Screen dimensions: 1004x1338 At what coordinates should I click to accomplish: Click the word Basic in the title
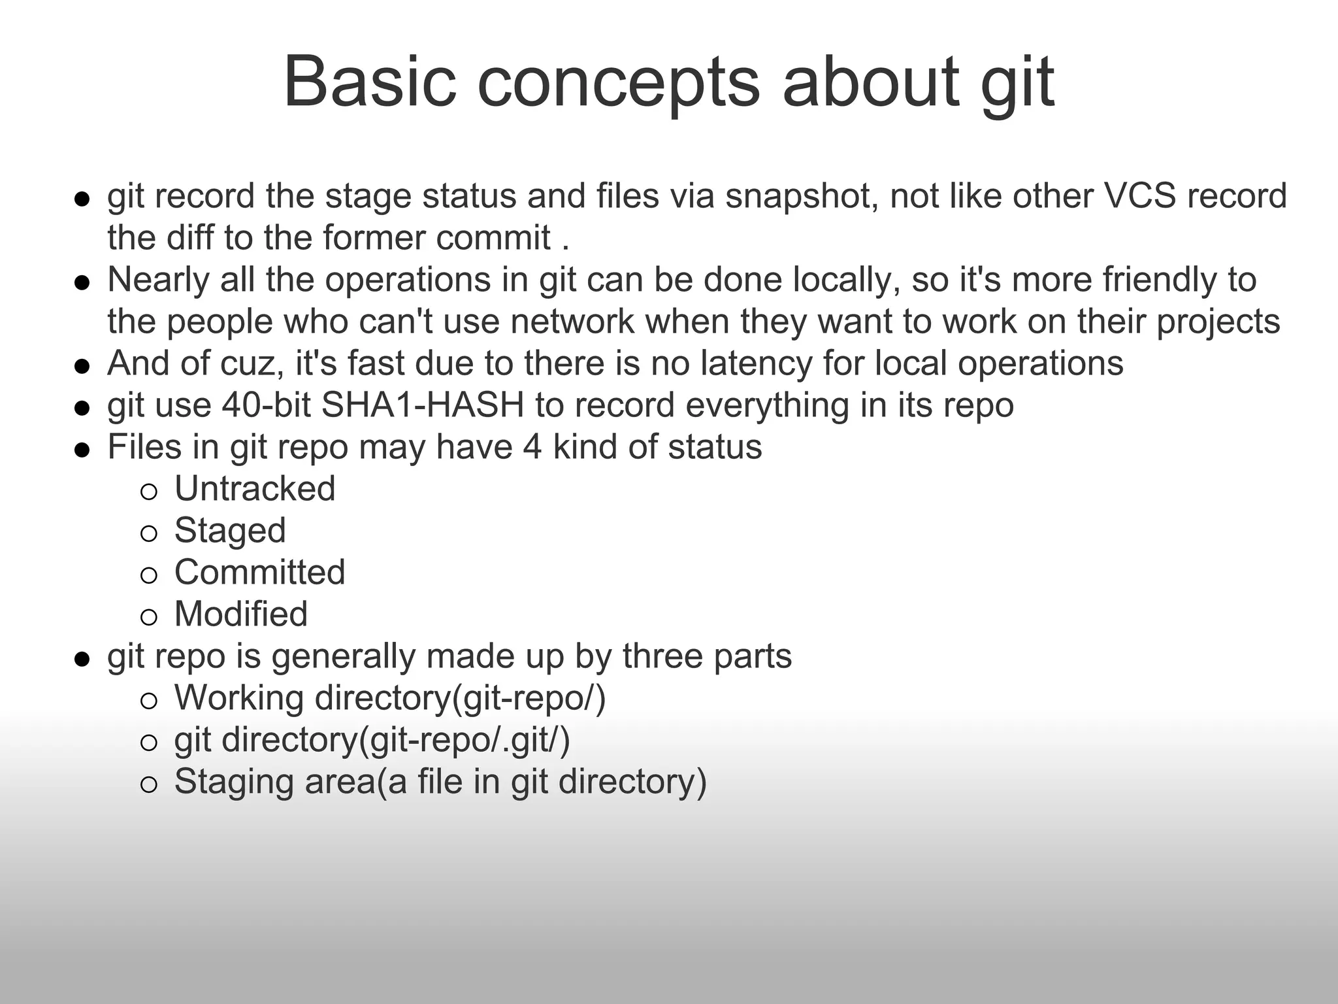(x=369, y=82)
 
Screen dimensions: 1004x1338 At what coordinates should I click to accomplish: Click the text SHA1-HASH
(x=423, y=405)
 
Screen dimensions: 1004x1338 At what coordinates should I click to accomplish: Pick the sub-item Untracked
(x=255, y=489)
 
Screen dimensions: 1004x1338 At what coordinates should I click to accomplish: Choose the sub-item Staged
(x=230, y=531)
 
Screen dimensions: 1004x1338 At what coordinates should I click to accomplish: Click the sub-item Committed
(x=259, y=573)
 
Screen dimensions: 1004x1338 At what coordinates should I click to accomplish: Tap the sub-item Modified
(x=240, y=614)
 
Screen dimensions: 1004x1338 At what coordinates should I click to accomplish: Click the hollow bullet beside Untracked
(x=149, y=492)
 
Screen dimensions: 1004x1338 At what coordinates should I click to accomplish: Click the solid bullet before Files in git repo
(x=82, y=450)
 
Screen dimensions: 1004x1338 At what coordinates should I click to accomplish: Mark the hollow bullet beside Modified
(x=149, y=617)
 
